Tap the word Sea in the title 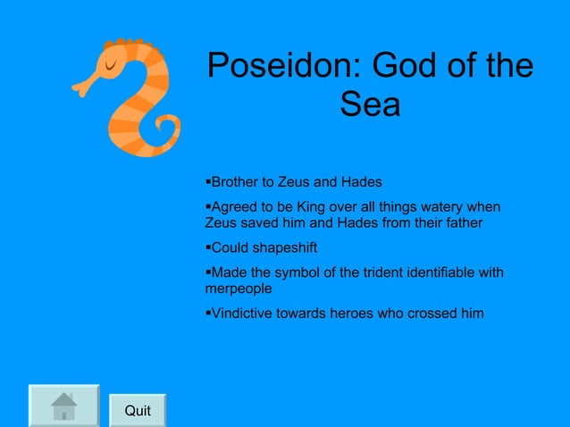370,106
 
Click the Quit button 138,411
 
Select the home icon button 63,407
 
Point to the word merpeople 239,289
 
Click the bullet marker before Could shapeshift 207,247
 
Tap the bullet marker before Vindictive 207,313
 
